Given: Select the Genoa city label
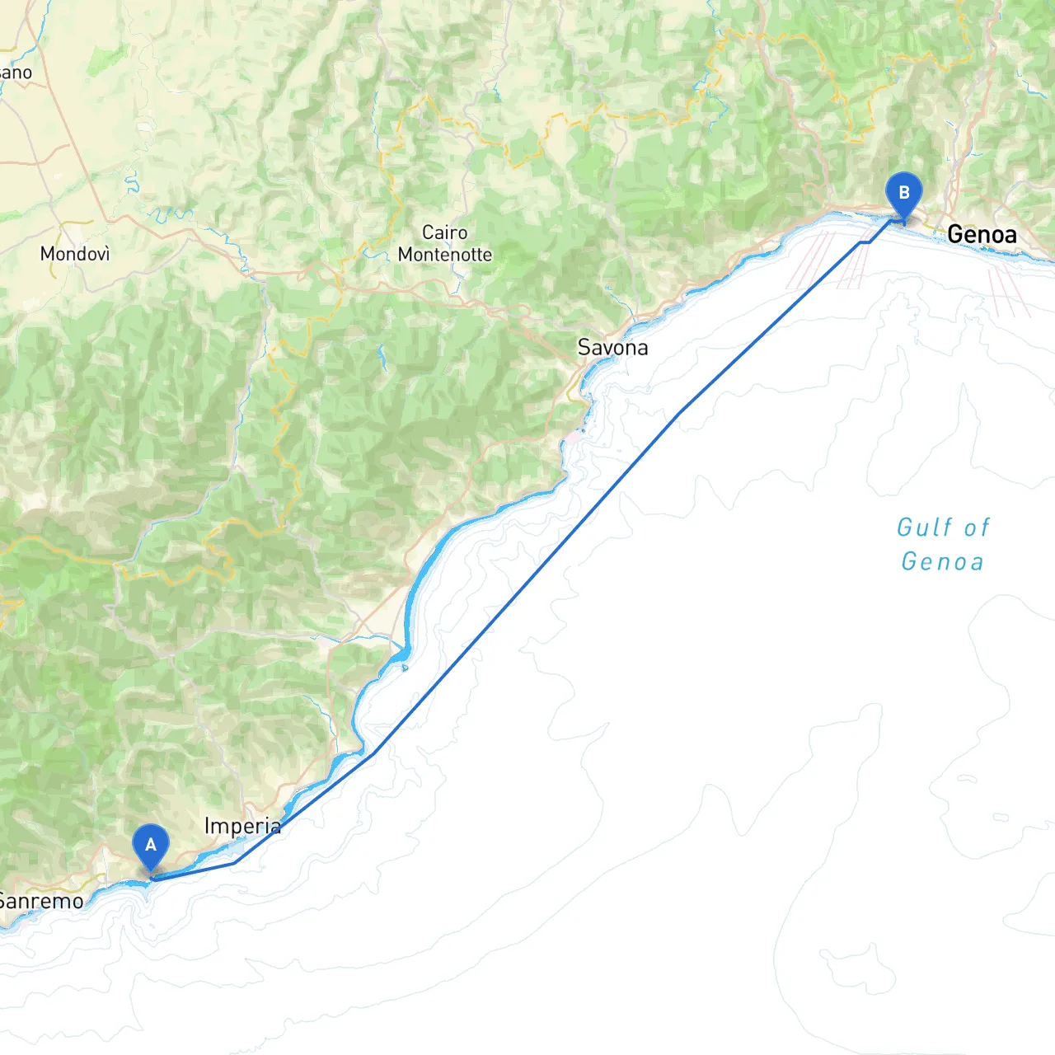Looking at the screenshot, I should point(982,235).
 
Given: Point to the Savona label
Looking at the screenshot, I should point(612,348).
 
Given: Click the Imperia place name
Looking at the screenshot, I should point(242,826).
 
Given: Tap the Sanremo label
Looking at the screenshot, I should point(41,901).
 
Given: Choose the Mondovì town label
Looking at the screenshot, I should point(75,254).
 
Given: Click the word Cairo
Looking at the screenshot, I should point(444,232).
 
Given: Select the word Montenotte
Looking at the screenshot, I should point(445,255).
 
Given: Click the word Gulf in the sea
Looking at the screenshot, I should point(918,527).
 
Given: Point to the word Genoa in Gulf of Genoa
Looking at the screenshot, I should point(942,562).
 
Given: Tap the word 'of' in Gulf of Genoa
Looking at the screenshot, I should point(977,527).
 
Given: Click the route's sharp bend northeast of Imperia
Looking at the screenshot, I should point(373,753).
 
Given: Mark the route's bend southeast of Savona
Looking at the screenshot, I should point(678,413).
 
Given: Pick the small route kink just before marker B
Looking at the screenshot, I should point(865,242).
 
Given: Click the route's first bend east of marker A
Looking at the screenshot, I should point(235,863).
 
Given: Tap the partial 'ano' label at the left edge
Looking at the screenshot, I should point(16,73).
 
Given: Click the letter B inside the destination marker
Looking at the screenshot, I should point(903,193).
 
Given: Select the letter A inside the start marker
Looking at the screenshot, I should point(151,845).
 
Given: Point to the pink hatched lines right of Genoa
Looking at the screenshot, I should point(1008,293).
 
